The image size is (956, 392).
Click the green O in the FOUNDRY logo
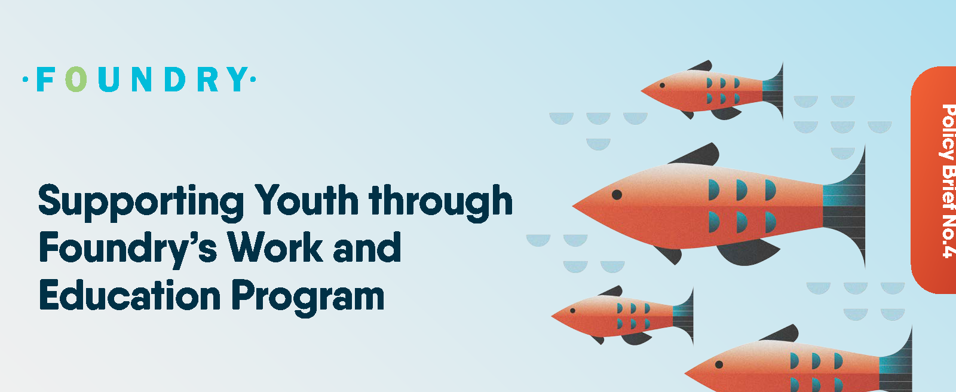pyautogui.click(x=76, y=79)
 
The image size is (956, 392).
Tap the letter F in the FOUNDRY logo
pyautogui.click(x=45, y=79)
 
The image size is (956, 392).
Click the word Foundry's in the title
pyautogui.click(x=128, y=249)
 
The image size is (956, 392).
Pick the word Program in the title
pyautogui.click(x=308, y=298)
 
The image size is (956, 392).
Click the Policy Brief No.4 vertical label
pyautogui.click(x=948, y=181)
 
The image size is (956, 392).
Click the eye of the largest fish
pyautogui.click(x=617, y=195)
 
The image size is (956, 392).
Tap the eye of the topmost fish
pyautogui.click(x=663, y=85)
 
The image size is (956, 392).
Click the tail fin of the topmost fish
pyautogui.click(x=773, y=91)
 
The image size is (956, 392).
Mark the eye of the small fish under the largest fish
pyautogui.click(x=573, y=311)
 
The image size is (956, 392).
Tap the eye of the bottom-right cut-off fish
pyautogui.click(x=719, y=365)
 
